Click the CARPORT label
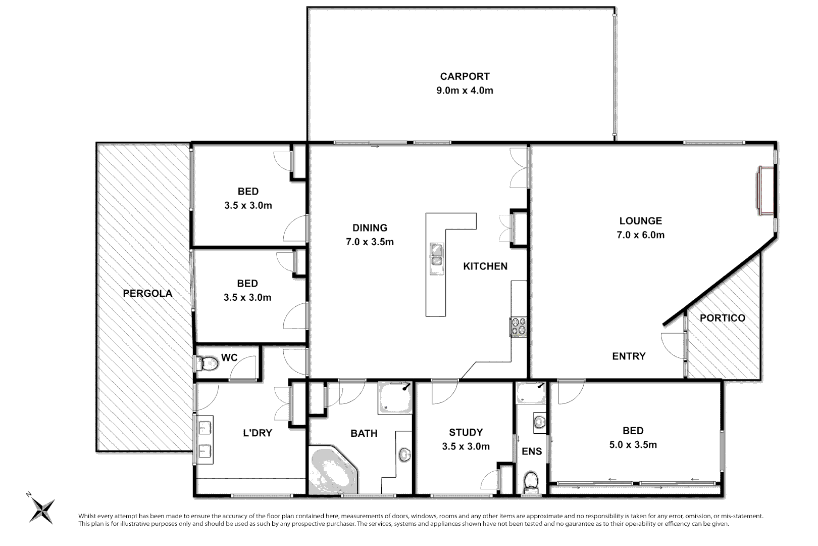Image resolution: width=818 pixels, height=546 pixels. [x=465, y=76]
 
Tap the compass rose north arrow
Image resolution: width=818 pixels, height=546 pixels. [x=41, y=508]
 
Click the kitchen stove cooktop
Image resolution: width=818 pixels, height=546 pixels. [x=519, y=327]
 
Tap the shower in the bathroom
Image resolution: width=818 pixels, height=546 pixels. [x=395, y=398]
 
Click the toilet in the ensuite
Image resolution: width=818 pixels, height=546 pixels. [x=531, y=481]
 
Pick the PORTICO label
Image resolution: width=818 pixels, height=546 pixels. [x=722, y=318]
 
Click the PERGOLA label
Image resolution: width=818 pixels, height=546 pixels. [x=147, y=293]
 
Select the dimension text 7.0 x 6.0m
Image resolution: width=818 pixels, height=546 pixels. [x=640, y=235]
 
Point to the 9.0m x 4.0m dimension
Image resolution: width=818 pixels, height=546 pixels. [x=465, y=91]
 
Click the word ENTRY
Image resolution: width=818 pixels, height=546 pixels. [x=629, y=356]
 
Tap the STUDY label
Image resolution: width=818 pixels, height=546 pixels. [x=466, y=432]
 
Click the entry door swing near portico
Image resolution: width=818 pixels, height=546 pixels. [x=673, y=345]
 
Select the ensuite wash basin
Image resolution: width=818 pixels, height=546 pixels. [x=539, y=421]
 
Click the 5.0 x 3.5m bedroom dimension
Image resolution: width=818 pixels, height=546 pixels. [x=633, y=445]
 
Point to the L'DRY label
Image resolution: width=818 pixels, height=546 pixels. [x=258, y=433]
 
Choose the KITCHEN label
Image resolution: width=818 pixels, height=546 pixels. [x=485, y=266]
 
